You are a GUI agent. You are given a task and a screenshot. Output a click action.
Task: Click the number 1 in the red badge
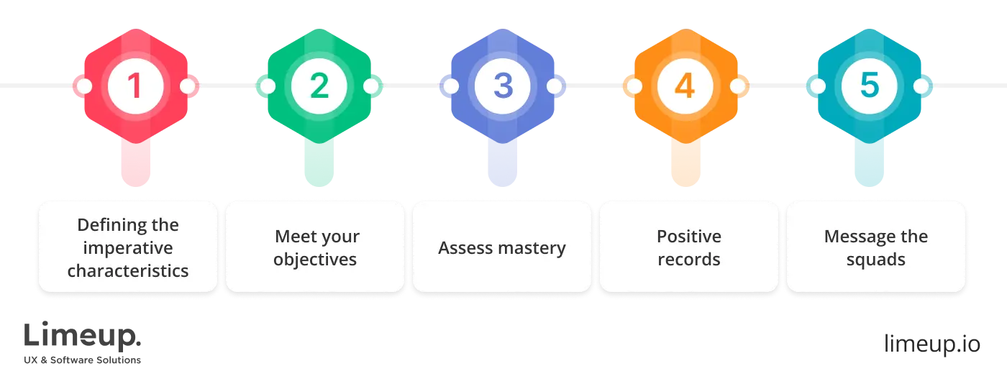click(135, 86)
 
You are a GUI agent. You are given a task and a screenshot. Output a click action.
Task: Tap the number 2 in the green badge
click(319, 86)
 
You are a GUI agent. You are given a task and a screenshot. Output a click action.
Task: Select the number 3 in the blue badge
click(502, 86)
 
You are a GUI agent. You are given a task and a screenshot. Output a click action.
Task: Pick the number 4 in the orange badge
click(685, 86)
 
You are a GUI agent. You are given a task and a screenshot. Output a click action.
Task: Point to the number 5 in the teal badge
click(869, 86)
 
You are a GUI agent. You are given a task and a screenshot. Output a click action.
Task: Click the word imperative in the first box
click(127, 248)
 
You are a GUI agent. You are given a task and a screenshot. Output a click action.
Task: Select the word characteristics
click(128, 271)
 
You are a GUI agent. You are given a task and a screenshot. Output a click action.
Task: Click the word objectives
click(315, 260)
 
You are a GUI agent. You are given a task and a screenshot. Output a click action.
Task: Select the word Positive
click(688, 237)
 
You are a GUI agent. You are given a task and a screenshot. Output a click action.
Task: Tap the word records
click(688, 260)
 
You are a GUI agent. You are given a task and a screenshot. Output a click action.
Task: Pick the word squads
click(875, 260)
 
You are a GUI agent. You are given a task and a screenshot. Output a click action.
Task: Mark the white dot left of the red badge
click(84, 86)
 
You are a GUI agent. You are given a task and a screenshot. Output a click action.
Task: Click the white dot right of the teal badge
click(921, 86)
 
